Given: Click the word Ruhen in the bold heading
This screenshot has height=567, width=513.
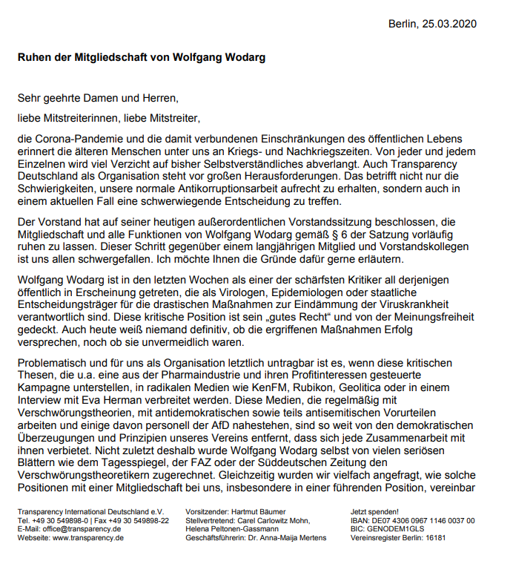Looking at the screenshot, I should click(37, 57).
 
